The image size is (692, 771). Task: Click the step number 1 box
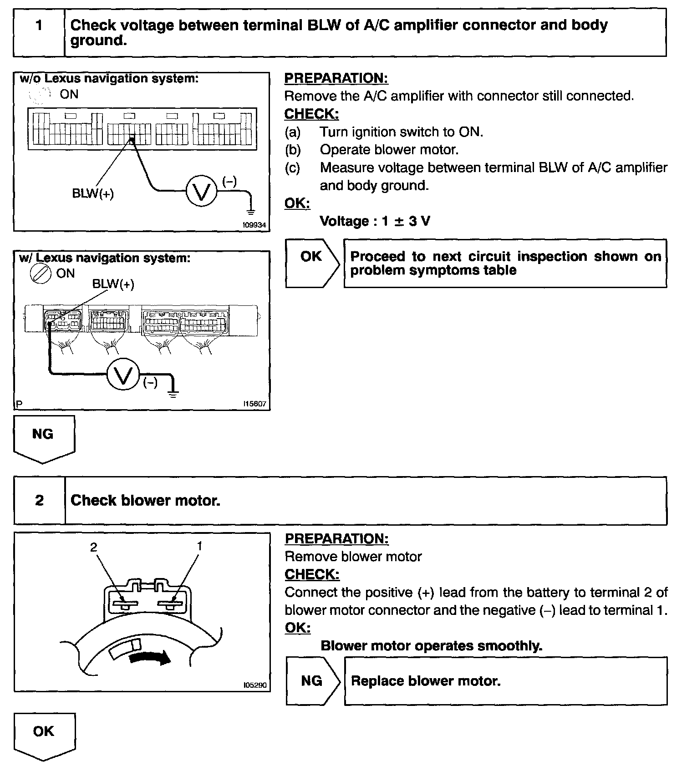point(39,32)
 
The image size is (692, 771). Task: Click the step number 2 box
point(40,500)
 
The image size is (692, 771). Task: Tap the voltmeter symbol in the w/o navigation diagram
point(201,192)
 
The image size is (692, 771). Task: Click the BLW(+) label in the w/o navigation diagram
point(93,194)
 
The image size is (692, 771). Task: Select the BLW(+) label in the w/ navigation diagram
point(113,284)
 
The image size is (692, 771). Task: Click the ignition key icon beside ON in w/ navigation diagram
point(40,274)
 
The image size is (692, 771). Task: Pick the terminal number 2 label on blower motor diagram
point(94,547)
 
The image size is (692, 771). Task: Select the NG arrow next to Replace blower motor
point(312,681)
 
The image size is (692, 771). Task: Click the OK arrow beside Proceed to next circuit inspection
point(312,263)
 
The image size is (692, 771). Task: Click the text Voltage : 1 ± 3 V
point(375,221)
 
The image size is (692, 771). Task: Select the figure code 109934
point(254,225)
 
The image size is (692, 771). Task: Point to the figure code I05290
point(255,685)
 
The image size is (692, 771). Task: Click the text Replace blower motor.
point(426,681)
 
